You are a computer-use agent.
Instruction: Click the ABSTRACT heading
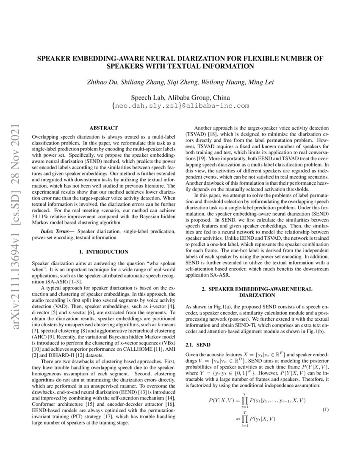pos(104,128)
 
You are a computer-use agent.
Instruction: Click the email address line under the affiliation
pos(180,106)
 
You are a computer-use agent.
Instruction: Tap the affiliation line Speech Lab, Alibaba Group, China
pos(180,97)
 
